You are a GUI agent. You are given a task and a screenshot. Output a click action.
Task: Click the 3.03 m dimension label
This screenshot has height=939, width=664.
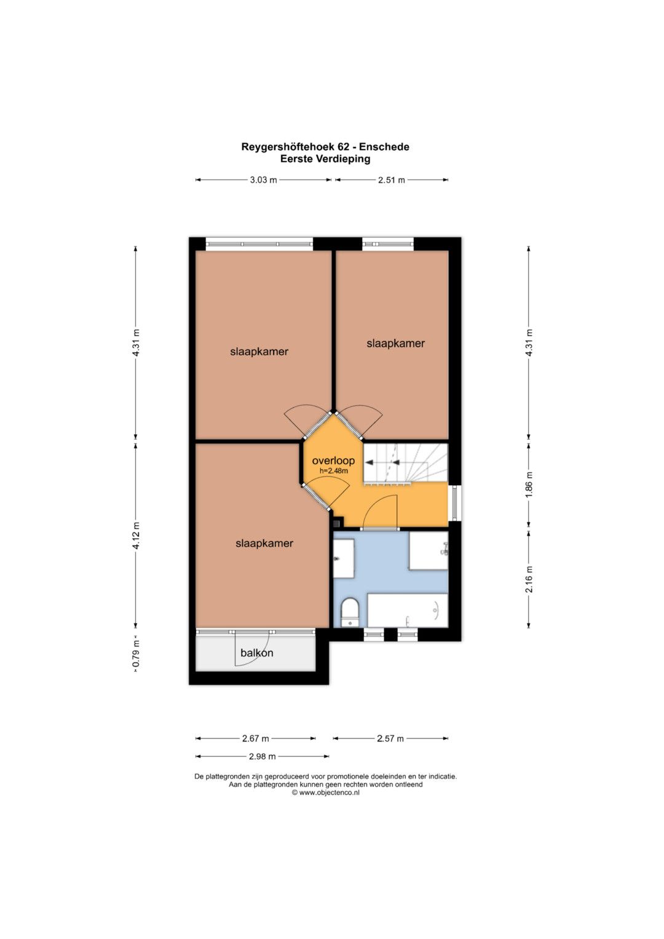(263, 180)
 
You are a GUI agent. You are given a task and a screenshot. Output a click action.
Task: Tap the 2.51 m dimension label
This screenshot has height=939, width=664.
(392, 180)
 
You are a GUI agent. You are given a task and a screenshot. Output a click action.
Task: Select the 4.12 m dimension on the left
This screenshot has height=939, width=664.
(135, 536)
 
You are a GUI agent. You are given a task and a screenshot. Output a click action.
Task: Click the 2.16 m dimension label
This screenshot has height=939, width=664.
(529, 579)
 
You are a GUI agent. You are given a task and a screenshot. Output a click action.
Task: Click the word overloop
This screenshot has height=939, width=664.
(333, 461)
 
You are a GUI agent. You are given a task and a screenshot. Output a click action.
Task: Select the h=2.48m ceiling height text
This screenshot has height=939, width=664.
(334, 471)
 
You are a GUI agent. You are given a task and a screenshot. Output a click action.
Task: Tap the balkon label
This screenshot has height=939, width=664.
(256, 652)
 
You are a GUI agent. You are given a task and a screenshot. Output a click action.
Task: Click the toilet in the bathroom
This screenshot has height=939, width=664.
(350, 612)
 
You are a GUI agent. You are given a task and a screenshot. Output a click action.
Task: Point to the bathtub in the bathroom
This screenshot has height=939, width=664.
(408, 610)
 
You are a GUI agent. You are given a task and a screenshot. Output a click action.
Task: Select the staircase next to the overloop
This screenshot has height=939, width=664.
(405, 463)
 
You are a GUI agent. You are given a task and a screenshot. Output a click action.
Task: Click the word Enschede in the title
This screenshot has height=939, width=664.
(384, 147)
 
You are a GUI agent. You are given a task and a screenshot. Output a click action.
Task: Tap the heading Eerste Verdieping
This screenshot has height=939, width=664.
(325, 159)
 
